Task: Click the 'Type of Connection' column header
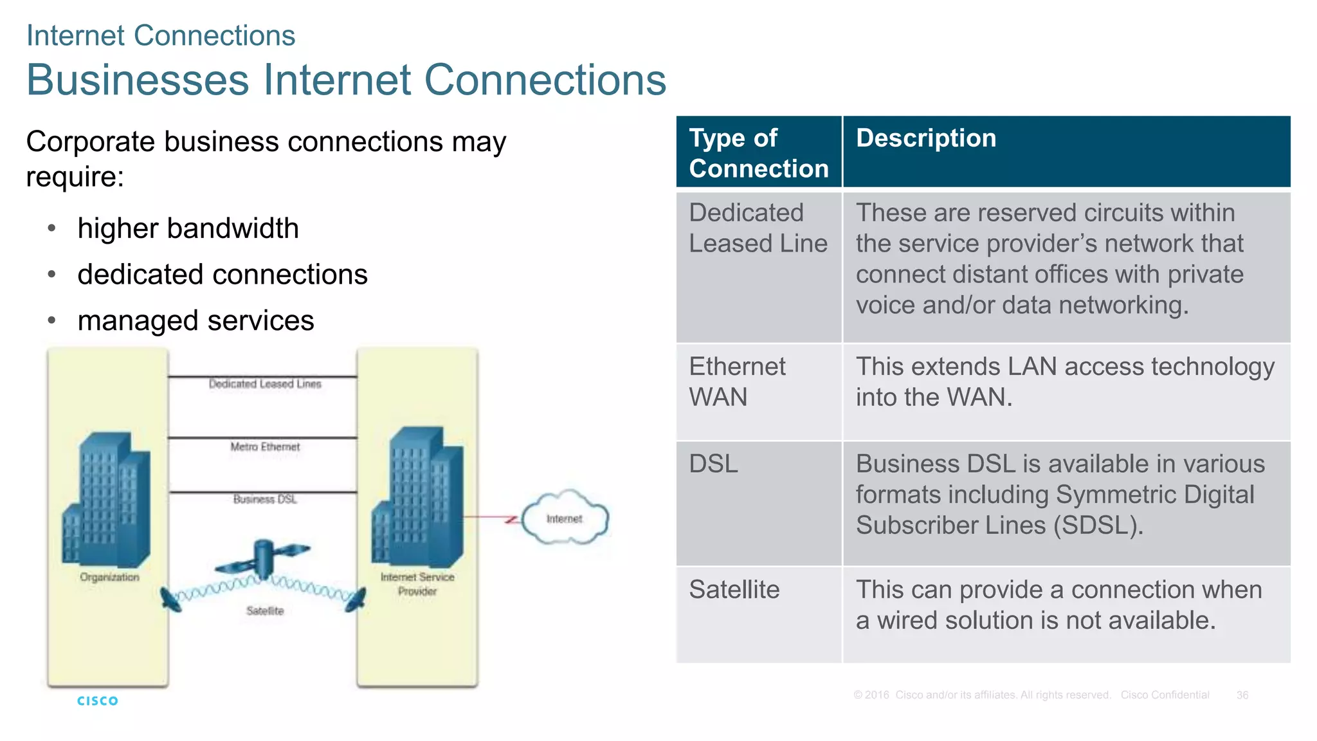(759, 153)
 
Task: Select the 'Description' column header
(926, 138)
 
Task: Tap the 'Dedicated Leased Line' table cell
(758, 228)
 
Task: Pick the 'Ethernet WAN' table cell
(737, 382)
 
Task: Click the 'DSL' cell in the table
(714, 464)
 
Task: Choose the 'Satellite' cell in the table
(734, 590)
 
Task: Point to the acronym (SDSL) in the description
(1097, 526)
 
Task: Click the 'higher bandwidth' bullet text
(188, 228)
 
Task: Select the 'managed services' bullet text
(195, 320)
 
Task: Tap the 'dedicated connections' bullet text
(223, 275)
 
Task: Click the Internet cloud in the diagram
(565, 518)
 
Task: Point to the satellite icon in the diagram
(262, 558)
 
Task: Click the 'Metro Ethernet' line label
(265, 446)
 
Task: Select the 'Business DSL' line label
(265, 499)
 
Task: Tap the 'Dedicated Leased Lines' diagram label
(265, 384)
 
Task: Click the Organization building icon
(107, 502)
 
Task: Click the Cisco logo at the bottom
(98, 700)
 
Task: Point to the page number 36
(1242, 695)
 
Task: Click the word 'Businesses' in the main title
(138, 80)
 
